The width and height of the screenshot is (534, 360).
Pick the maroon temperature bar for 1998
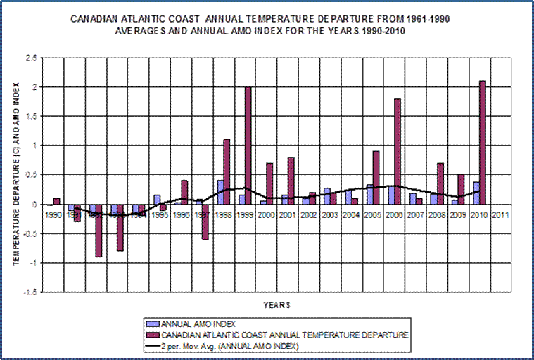click(x=227, y=172)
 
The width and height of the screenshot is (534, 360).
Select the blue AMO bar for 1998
click(x=220, y=192)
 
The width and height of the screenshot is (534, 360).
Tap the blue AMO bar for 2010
click(x=475, y=193)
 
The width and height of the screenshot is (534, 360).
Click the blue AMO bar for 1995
click(x=156, y=199)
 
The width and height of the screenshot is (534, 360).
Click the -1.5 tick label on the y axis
click(x=31, y=292)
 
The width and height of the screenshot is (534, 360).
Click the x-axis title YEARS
click(x=276, y=305)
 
